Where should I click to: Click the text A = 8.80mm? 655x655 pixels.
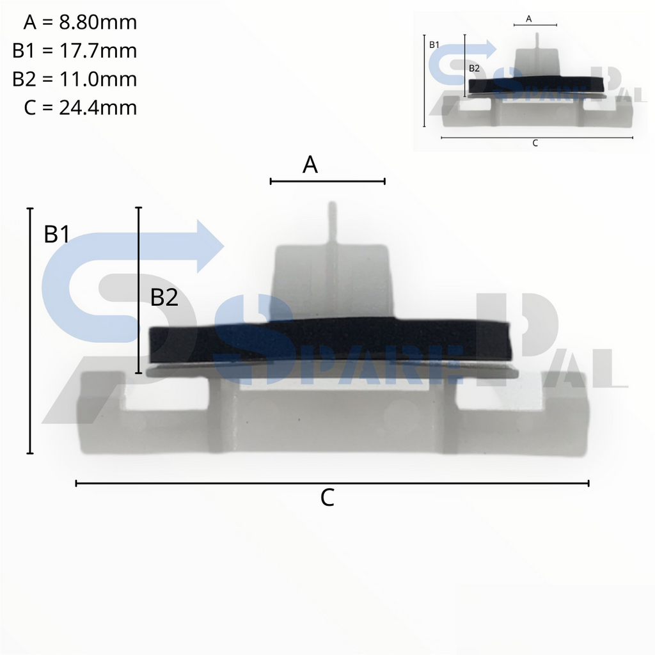pyautogui.click(x=80, y=22)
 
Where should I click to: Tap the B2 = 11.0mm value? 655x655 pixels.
pyautogui.click(x=74, y=79)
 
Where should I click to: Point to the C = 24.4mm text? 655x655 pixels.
pyautogui.click(x=80, y=107)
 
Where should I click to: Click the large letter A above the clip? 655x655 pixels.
pyautogui.click(x=310, y=165)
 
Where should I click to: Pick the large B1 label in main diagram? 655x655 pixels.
pyautogui.click(x=57, y=235)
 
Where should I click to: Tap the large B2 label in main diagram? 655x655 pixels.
pyautogui.click(x=164, y=297)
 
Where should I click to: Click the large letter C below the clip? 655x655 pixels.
pyautogui.click(x=327, y=498)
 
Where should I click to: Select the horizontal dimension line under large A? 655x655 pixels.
pyautogui.click(x=327, y=182)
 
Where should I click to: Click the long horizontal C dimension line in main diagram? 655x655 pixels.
pyautogui.click(x=332, y=484)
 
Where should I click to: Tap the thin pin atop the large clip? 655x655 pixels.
pyautogui.click(x=332, y=224)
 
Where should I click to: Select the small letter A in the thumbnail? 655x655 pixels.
pyautogui.click(x=529, y=19)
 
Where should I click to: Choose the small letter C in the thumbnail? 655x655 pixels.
pyautogui.click(x=535, y=143)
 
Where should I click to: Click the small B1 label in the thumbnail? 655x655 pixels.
pyautogui.click(x=434, y=44)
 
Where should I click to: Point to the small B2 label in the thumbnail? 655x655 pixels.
pyautogui.click(x=474, y=67)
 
